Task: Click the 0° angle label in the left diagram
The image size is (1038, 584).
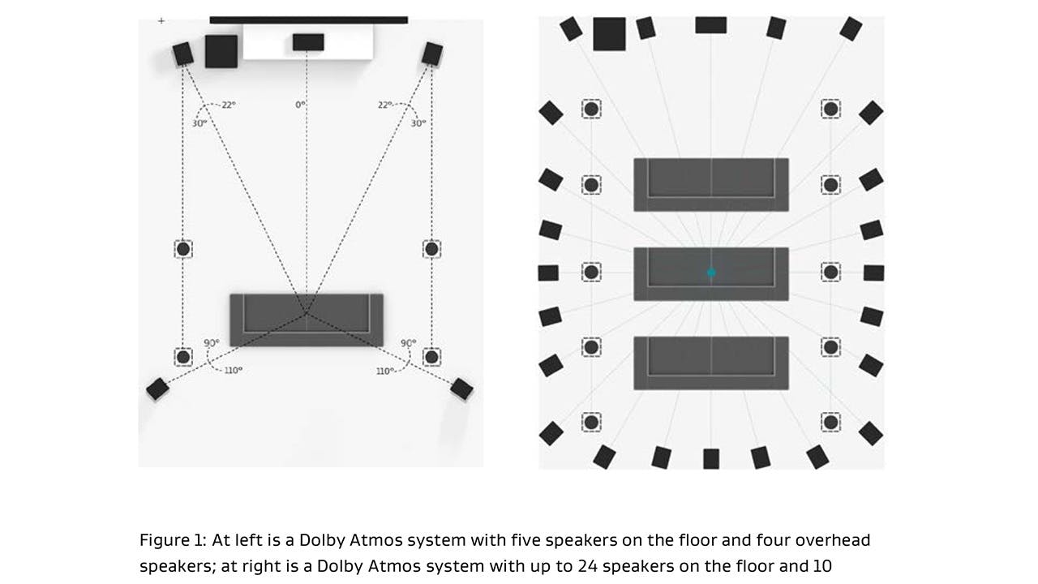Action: point(301,105)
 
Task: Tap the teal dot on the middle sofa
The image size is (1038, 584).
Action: point(711,273)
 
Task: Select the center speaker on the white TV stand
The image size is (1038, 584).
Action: point(308,41)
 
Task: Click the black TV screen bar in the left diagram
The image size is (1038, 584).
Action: point(308,19)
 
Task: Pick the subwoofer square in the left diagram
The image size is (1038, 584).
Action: point(221,51)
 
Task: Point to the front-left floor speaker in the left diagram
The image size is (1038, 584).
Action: point(183,54)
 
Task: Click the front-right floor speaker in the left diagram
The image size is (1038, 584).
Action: point(432,54)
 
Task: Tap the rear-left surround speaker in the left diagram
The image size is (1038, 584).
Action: point(157,389)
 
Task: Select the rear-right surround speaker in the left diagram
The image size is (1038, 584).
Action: point(461,389)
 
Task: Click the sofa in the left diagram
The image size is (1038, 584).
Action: point(307,320)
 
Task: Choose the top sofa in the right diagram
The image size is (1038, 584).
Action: point(711,184)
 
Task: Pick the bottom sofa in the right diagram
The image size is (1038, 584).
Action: point(711,363)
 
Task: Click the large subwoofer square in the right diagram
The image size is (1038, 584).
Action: point(609,34)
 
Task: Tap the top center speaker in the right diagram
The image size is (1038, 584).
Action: point(711,25)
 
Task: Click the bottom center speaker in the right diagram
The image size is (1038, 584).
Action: point(711,458)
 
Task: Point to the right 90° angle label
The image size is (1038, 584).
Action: point(408,343)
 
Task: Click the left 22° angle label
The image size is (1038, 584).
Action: point(227,105)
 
